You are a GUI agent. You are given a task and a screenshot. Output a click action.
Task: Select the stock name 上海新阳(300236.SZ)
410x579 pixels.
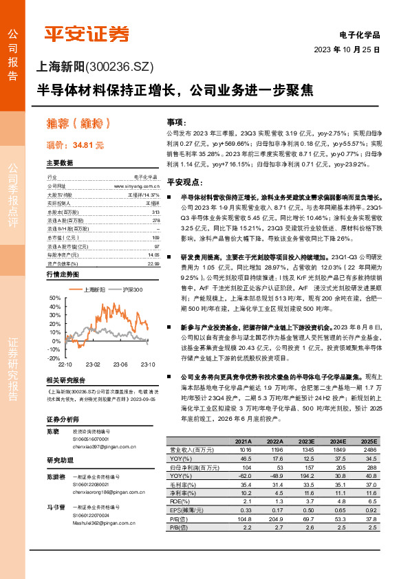pyautogui.click(x=94, y=67)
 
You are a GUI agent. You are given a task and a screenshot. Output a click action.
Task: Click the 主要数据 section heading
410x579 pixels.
pyautogui.click(x=59, y=163)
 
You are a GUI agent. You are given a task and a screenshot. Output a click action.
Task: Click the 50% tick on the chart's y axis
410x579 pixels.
pyautogui.click(x=55, y=297)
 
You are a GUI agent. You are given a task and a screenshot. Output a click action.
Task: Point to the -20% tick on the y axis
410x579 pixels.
pyautogui.click(x=54, y=358)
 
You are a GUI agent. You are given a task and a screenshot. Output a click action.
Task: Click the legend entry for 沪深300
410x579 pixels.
pyautogui.click(x=132, y=290)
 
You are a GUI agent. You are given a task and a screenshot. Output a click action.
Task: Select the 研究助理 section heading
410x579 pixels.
pyautogui.click(x=59, y=460)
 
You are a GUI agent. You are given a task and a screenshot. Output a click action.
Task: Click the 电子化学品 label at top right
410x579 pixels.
pyautogui.click(x=360, y=34)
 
